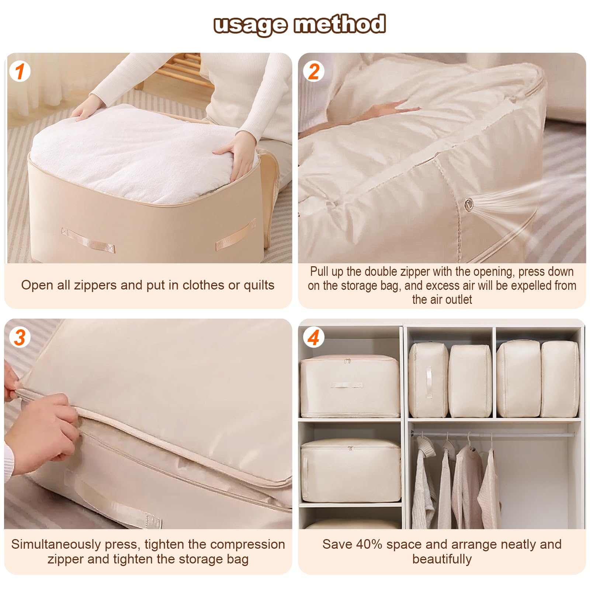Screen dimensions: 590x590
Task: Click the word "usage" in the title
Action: point(250,25)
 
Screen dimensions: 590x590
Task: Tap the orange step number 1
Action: point(20,71)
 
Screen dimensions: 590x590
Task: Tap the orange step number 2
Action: point(313,71)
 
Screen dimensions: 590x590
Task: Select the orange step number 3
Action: point(20,337)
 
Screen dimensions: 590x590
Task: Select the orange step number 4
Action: point(313,337)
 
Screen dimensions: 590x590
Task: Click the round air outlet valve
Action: point(469,203)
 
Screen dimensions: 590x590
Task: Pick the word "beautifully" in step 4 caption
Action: point(442,559)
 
